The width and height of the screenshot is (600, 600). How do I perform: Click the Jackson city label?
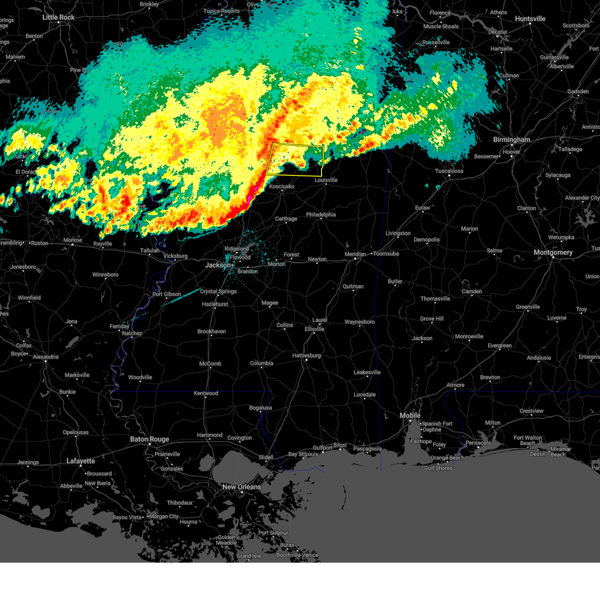pos(217,265)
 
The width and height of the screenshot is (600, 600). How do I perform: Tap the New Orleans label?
pos(241,487)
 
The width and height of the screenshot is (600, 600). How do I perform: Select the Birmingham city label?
pos(511,140)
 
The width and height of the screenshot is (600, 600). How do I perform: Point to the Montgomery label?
pos(553,252)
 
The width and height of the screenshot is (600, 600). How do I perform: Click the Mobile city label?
pos(410,415)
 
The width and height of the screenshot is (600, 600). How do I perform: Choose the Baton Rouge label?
pos(149,439)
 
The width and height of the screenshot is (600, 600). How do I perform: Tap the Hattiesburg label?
pos(306,355)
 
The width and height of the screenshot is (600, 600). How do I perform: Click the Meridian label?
pos(355,254)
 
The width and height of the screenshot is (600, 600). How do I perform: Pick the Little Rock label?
pos(58,17)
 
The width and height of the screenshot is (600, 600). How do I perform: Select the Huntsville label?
pos(530,19)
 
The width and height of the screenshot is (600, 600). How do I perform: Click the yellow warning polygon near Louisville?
pos(295,159)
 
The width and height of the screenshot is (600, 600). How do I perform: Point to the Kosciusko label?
pos(281,186)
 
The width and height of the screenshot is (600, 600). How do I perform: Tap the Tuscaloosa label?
pos(449,171)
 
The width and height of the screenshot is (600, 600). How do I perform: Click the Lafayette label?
pos(80,461)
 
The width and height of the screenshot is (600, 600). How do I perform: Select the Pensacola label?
pos(478,442)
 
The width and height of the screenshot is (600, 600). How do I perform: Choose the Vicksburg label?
pos(175,256)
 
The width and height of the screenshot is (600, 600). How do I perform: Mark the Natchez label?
pos(132,333)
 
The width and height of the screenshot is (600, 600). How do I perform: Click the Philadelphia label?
pos(320,214)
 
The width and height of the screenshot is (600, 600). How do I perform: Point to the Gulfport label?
pos(322,448)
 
